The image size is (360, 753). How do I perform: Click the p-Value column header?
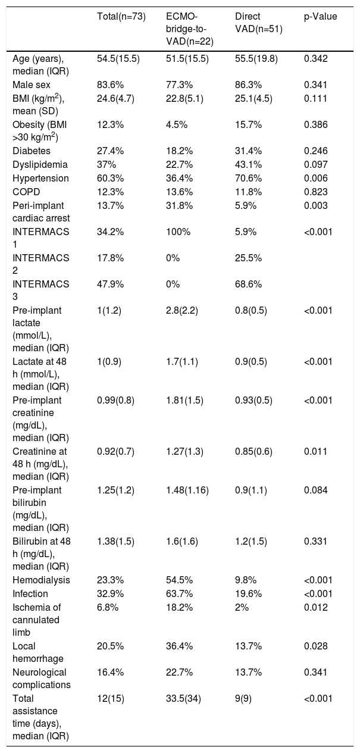pyautogui.click(x=320, y=17)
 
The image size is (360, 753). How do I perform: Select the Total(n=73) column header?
pyautogui.click(x=121, y=17)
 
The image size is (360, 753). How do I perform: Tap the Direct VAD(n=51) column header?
pyautogui.click(x=258, y=23)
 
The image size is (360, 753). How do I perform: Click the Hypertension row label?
pyautogui.click(x=40, y=178)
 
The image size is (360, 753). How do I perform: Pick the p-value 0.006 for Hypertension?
pyautogui.click(x=315, y=178)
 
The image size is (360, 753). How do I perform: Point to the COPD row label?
pyautogui.click(x=26, y=192)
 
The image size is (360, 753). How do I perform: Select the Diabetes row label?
pyautogui.click(x=32, y=151)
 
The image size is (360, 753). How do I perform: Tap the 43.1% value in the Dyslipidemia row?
pyautogui.click(x=248, y=165)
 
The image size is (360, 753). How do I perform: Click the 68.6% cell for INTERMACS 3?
pyautogui.click(x=248, y=285)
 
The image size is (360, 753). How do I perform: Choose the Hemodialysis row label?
pyautogui.click(x=41, y=580)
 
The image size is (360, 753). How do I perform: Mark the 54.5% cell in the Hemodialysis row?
pyautogui.click(x=180, y=580)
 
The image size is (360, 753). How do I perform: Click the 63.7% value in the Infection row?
pyautogui.click(x=180, y=593)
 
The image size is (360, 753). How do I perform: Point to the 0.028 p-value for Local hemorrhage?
pyautogui.click(x=315, y=646)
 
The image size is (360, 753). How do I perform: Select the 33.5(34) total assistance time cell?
pyautogui.click(x=183, y=699)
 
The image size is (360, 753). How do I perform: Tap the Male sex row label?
pyautogui.click(x=32, y=85)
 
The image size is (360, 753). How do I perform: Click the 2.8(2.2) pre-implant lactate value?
pyautogui.click(x=182, y=311)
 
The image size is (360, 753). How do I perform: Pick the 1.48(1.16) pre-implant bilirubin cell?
pyautogui.click(x=187, y=490)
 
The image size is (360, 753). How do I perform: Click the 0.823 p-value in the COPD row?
pyautogui.click(x=315, y=192)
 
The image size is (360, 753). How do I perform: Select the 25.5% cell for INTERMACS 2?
pyautogui.click(x=248, y=258)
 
